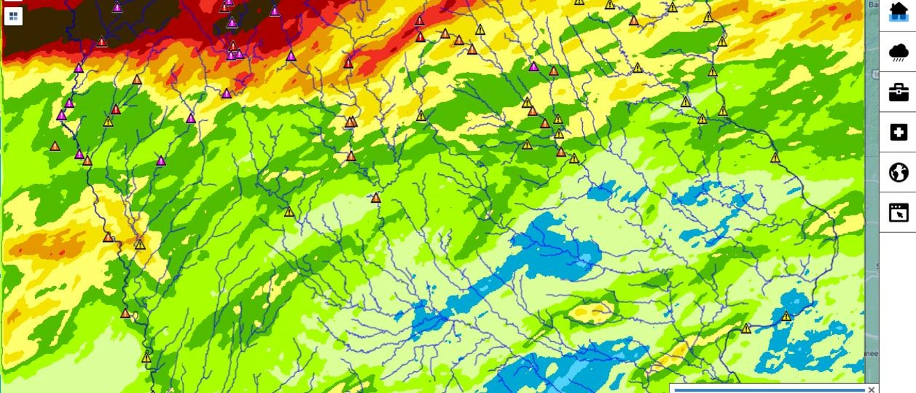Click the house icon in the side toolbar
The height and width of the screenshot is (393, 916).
click(x=899, y=12)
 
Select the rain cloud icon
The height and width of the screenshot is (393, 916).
click(x=899, y=52)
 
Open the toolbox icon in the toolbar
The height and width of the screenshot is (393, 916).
click(x=899, y=92)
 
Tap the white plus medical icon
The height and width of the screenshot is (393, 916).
click(x=899, y=132)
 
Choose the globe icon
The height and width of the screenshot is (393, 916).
click(x=899, y=172)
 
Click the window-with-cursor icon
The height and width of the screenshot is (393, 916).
click(x=899, y=212)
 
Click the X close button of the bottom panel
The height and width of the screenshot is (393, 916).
click(x=871, y=390)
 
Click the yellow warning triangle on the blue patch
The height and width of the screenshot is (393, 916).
click(x=786, y=316)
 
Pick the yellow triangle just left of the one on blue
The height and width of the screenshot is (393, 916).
click(x=746, y=328)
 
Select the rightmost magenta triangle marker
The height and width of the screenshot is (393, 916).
click(x=534, y=66)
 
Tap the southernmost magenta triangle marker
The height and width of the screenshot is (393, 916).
click(x=161, y=161)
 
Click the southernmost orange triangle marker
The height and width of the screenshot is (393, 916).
click(x=126, y=313)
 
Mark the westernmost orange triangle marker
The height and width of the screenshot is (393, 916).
click(x=55, y=147)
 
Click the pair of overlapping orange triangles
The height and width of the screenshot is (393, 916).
click(x=351, y=122)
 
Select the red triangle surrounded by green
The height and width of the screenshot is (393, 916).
click(x=116, y=109)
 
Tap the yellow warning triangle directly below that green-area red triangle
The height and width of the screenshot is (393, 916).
click(x=108, y=122)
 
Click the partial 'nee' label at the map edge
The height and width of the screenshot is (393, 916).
click(x=871, y=354)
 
